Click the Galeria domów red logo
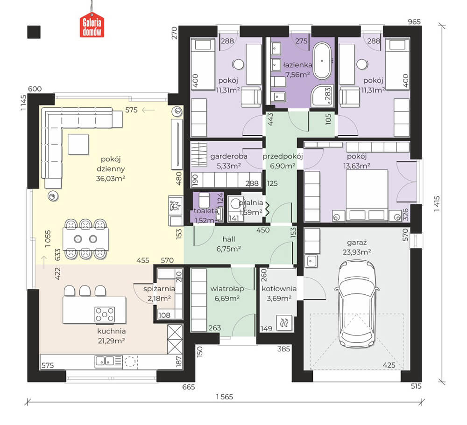pos(92,26)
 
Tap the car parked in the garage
pos(357,304)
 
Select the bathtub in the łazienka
pos(322,61)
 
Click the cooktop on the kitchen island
pos(105,314)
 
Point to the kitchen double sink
pos(105,362)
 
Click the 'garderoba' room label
pos(229,156)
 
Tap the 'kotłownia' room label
pos(279,289)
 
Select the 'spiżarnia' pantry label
pos(159,289)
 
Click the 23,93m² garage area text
pos(356,252)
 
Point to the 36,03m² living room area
pos(111,179)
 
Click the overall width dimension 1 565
pos(225,397)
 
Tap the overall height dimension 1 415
pos(437,203)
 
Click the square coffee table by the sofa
pos(78,144)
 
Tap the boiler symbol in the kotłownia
pos(284,323)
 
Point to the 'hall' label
pos(229,239)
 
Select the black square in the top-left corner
pos(34,32)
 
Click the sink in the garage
pos(311,261)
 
